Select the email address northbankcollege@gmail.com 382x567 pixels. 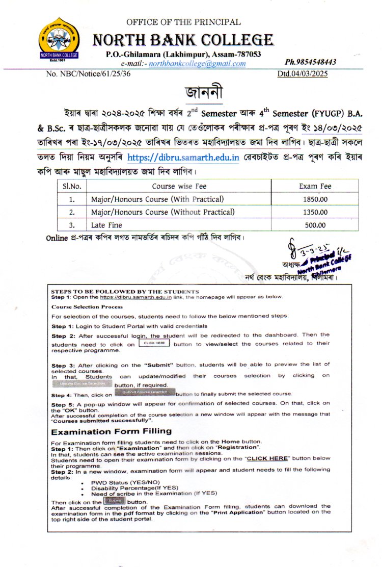[197, 64]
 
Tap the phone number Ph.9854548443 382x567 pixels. [311, 62]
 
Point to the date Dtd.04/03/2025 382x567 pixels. [303, 73]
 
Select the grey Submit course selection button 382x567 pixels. [145, 392]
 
